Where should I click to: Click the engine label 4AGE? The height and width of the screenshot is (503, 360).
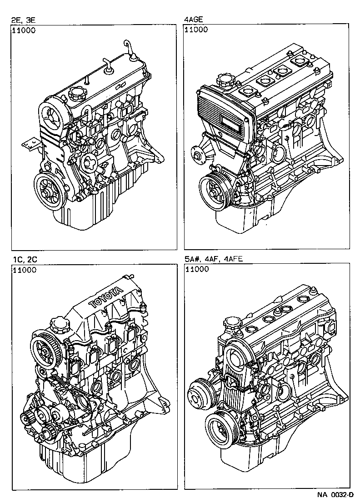coord(193,20)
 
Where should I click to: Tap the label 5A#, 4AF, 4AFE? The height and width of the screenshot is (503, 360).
coord(214,260)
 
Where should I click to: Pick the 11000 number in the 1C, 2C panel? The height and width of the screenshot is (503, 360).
coord(24,270)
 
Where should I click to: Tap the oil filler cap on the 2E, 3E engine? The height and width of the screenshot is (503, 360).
coord(75,96)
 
